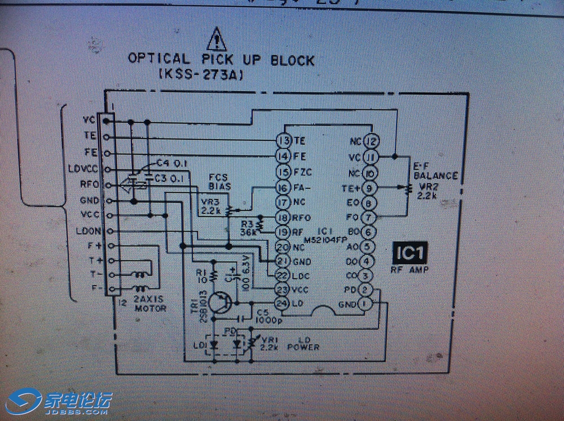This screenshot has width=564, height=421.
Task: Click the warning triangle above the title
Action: pos(216,39)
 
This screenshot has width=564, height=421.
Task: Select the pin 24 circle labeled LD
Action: pos(281,303)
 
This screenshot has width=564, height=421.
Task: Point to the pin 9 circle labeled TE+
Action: pos(369,188)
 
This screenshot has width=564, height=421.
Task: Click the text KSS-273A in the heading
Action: pos(201,74)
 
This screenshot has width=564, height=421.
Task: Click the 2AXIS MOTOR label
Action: pos(150,304)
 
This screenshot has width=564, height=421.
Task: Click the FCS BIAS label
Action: pos(220,181)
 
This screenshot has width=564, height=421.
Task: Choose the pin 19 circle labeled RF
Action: pos(283,232)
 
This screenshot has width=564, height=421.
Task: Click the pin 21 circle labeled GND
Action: pos(283,261)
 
